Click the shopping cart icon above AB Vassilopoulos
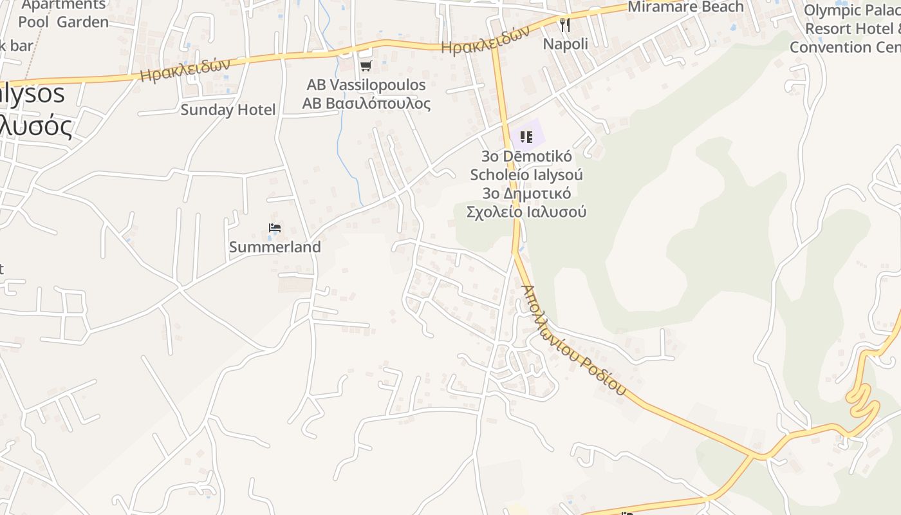(366, 66)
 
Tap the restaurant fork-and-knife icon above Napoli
(565, 25)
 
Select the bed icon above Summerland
(275, 228)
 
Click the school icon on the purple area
(526, 137)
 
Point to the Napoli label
(566, 44)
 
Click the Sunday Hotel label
(228, 110)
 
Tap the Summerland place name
(275, 247)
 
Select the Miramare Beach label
(685, 7)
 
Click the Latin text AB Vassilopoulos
(366, 85)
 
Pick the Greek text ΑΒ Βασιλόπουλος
(366, 104)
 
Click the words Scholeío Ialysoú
(526, 174)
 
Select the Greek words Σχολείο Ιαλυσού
(526, 212)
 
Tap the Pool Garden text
(63, 22)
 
